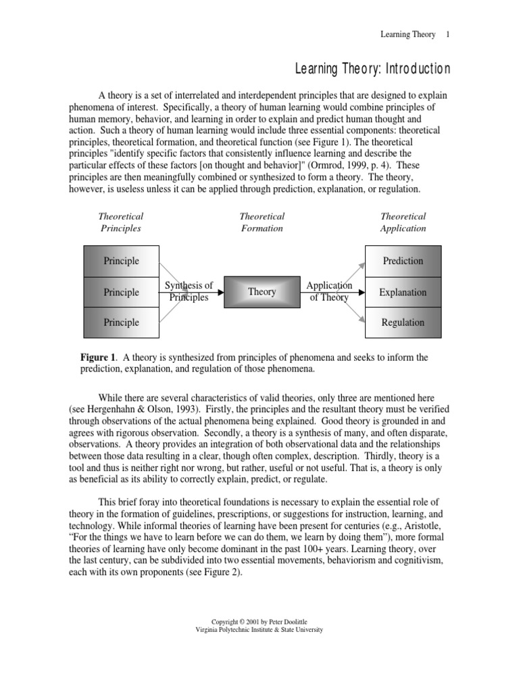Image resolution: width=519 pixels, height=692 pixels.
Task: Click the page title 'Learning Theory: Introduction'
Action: coord(372,69)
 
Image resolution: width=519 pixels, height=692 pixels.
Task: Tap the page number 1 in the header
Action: coord(447,34)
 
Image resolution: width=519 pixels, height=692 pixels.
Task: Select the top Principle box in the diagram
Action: coord(121,261)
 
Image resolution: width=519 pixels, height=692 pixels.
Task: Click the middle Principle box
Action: coord(121,292)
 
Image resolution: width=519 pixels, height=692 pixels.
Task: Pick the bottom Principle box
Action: coord(121,322)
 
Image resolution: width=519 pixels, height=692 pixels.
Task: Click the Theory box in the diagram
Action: coord(262,292)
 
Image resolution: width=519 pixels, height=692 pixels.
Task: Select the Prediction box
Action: coord(403,261)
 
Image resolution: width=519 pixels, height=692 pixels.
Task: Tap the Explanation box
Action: coord(403,293)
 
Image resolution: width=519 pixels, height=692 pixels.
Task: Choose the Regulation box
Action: coord(403,322)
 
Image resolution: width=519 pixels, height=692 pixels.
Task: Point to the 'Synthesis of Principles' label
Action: coord(189,291)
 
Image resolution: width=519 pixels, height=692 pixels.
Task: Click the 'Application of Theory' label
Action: coord(329,291)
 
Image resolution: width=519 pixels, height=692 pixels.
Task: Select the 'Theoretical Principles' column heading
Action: coord(121,222)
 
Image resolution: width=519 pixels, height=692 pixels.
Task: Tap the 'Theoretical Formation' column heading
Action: coord(262,222)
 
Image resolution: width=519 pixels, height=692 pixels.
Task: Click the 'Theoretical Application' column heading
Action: coord(403,222)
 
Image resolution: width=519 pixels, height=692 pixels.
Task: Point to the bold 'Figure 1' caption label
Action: coord(99,357)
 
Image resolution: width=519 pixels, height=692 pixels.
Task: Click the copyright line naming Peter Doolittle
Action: coord(259,621)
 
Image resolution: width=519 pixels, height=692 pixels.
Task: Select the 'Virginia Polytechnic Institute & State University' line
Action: coord(259,629)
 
